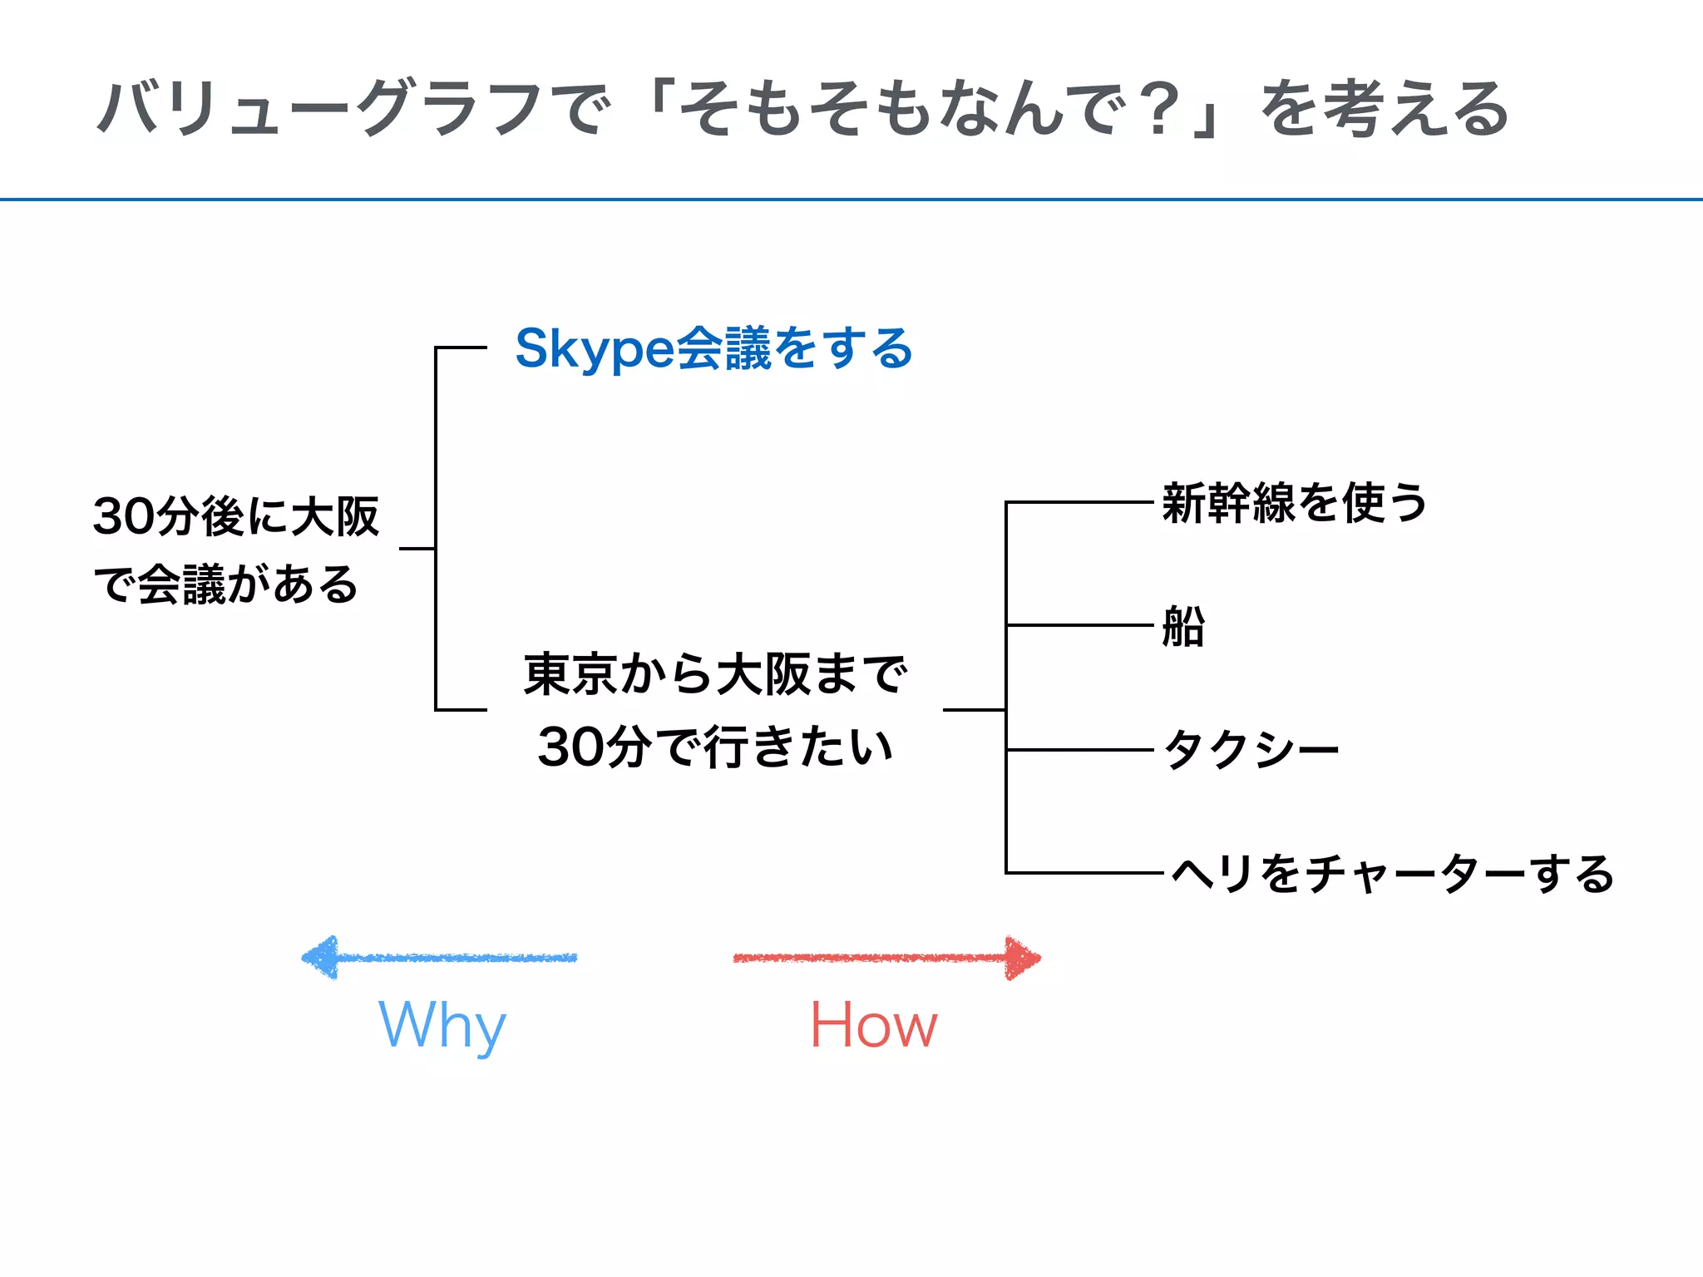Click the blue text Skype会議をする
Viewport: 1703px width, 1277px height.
[713, 348]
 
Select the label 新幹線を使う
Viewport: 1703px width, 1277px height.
[1294, 503]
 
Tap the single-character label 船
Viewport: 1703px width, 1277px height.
[1183, 626]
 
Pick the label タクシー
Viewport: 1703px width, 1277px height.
[1251, 750]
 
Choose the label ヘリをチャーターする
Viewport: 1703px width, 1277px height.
[1392, 874]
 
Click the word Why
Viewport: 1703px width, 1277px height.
[442, 1025]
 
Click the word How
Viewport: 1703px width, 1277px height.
[873, 1025]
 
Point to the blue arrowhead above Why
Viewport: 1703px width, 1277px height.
[320, 958]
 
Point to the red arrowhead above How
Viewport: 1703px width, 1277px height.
[1022, 958]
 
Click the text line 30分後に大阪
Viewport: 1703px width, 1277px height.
[236, 516]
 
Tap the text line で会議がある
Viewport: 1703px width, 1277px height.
[226, 584]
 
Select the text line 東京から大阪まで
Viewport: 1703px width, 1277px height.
[715, 674]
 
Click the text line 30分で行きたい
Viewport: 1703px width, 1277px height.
[715, 746]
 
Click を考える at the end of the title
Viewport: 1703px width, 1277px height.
[1384, 109]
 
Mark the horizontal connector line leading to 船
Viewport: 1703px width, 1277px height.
[1079, 625]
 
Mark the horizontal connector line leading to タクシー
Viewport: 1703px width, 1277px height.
[1079, 750]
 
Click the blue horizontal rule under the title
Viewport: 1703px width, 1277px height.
[851, 200]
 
